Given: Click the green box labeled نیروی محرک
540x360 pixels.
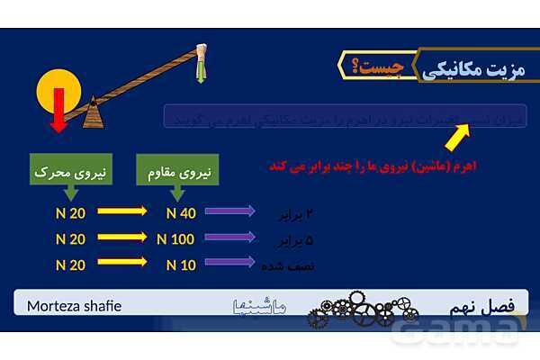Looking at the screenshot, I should [69, 169].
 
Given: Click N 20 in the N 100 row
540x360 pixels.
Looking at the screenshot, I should [69, 239].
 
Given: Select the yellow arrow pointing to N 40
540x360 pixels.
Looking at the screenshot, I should [121, 212].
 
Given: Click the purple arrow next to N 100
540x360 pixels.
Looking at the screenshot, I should [230, 238].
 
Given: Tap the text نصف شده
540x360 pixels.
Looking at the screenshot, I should [289, 266].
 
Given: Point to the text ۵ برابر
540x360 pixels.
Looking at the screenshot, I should [293, 241].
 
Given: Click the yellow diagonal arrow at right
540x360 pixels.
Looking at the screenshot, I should [458, 137].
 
